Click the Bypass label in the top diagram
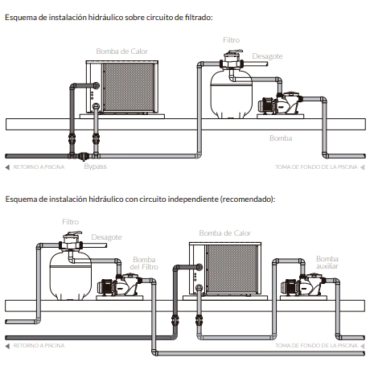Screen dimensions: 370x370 [95, 166]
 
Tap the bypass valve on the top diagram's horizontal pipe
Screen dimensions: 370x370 [84, 156]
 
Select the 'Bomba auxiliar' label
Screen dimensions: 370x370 [327, 262]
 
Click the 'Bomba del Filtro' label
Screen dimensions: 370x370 [144, 263]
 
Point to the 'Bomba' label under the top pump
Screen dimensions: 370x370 [281, 138]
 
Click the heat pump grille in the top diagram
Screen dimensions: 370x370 [129, 87]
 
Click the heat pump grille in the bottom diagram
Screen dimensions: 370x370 [232, 269]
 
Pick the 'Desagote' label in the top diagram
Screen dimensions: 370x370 [267, 56]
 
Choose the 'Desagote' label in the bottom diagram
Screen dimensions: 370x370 [106, 237]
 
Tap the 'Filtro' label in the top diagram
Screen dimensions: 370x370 [232, 40]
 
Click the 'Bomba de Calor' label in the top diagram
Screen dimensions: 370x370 [121, 51]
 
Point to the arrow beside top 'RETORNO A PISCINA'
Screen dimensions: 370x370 [7, 167]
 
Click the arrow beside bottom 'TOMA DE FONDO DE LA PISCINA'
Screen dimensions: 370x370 [362, 346]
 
